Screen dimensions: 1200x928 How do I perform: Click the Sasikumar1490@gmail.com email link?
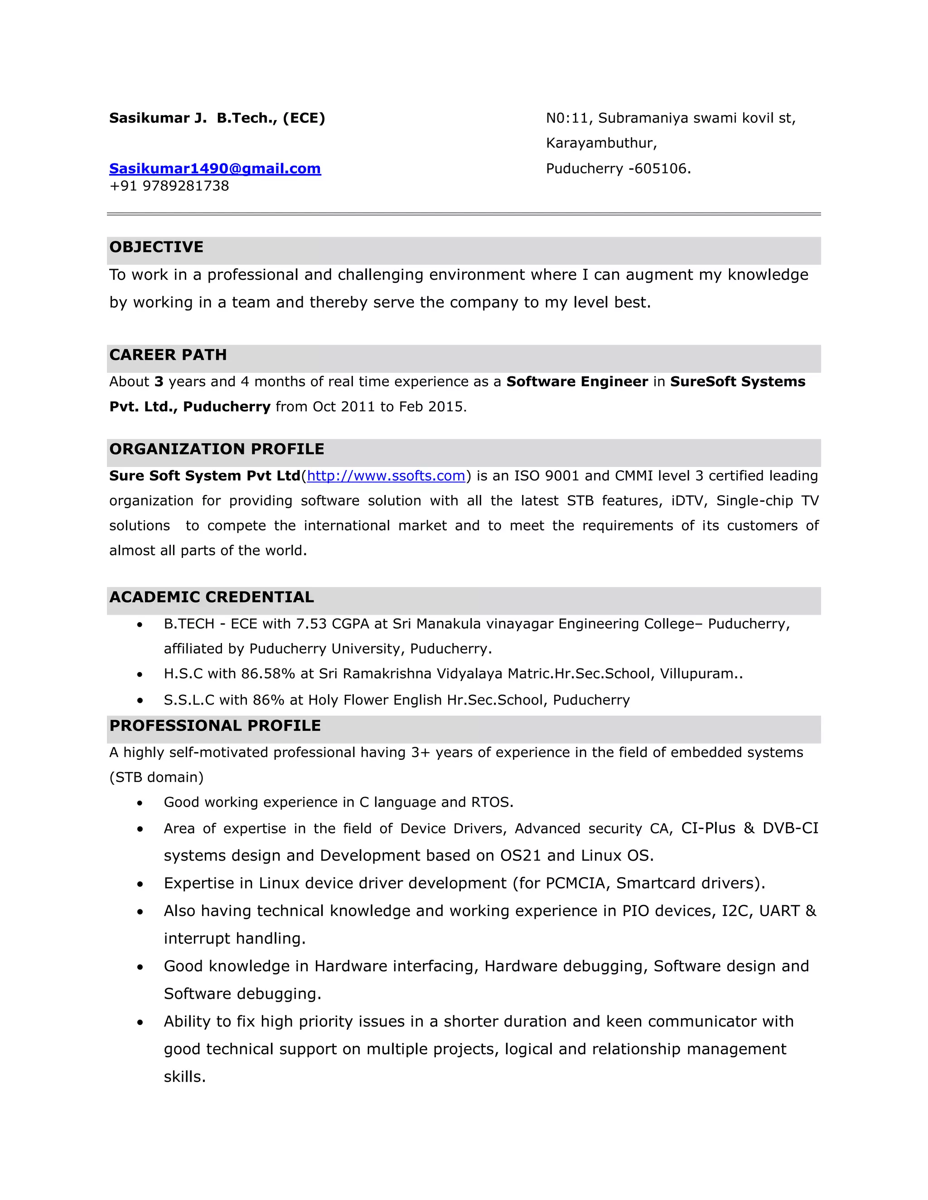215,169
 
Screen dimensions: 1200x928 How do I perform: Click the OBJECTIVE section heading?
156,247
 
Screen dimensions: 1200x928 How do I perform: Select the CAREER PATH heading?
168,355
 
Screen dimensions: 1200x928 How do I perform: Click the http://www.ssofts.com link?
386,476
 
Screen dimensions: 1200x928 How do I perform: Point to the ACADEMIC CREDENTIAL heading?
211,597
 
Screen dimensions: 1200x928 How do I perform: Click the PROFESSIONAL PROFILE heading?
215,726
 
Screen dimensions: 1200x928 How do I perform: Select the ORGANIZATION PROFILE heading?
217,450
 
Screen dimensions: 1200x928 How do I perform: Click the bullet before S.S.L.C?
140,701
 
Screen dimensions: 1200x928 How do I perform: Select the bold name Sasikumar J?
158,118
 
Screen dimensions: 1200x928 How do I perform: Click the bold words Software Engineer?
577,382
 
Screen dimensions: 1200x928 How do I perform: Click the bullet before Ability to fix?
140,1022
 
